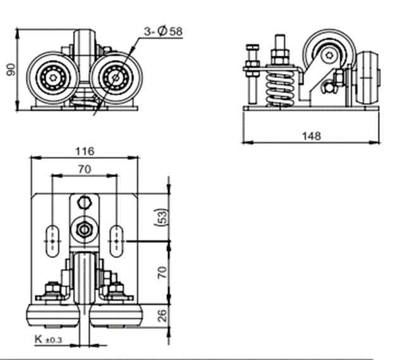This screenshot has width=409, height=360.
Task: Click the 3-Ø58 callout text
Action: click(x=163, y=30)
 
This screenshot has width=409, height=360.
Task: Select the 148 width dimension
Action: click(x=311, y=135)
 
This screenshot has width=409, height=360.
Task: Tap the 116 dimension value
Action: click(x=84, y=151)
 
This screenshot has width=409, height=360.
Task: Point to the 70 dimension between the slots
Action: click(x=84, y=169)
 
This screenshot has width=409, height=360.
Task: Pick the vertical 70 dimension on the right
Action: click(x=162, y=273)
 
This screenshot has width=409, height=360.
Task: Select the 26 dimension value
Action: click(x=162, y=314)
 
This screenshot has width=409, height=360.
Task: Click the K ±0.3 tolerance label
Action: click(x=49, y=340)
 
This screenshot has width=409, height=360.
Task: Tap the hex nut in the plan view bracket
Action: click(x=83, y=227)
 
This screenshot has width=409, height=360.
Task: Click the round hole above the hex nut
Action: click(x=83, y=202)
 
